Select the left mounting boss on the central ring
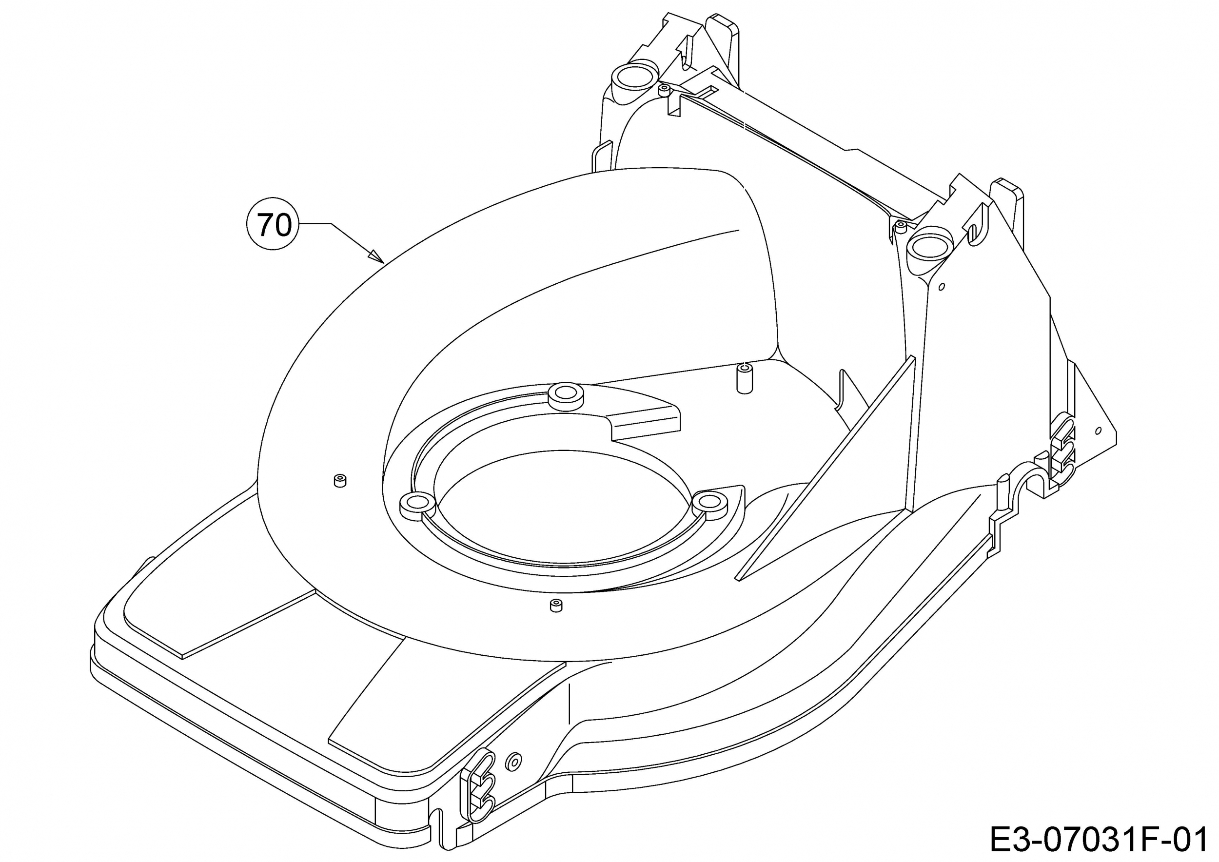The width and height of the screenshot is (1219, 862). point(417,506)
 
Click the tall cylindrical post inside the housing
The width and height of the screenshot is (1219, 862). point(745,378)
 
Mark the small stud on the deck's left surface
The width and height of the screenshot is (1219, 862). point(339,481)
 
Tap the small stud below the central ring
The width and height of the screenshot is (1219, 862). point(556,606)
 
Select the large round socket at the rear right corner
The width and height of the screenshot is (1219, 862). point(930,248)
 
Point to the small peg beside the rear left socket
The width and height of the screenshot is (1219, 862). point(663,90)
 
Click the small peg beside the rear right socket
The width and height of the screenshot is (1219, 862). point(901,227)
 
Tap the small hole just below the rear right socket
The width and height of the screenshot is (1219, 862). point(942,287)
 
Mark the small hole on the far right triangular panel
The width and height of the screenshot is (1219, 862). point(1099,431)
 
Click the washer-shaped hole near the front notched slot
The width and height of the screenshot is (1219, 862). point(514,762)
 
